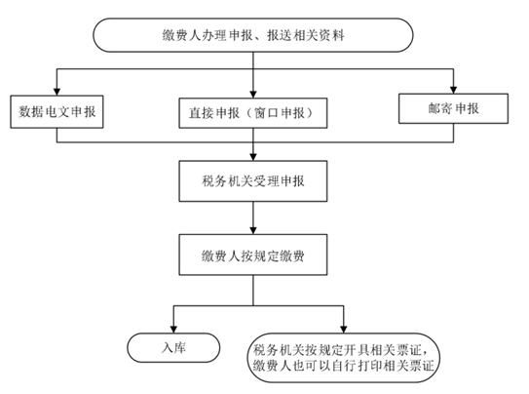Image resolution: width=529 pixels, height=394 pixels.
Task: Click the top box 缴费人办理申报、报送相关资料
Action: click(253, 35)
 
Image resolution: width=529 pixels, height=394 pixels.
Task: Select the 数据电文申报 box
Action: click(57, 112)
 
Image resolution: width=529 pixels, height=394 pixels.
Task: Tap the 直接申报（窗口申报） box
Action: click(253, 113)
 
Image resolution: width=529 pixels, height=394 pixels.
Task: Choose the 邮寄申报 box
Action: click(453, 108)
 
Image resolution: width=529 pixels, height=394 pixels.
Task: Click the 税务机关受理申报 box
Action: click(253, 181)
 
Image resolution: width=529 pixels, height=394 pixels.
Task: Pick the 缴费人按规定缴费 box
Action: click(253, 255)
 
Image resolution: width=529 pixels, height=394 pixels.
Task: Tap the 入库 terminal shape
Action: click(173, 348)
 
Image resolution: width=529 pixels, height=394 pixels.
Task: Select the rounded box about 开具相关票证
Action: click(344, 358)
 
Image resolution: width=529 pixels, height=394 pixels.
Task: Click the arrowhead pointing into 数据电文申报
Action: click(57, 92)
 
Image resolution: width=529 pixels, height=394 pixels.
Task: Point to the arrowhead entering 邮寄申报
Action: click(453, 90)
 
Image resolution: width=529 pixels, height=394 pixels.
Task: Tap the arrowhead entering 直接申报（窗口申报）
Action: click(253, 95)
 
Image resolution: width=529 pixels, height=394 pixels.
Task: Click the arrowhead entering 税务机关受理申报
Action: click(253, 157)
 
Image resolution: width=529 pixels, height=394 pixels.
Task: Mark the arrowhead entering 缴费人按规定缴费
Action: click(253, 230)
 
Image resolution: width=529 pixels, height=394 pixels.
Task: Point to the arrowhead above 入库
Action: click(173, 330)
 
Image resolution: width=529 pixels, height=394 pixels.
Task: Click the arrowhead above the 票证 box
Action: click(344, 330)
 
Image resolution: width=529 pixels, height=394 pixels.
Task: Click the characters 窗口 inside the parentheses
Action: click(267, 113)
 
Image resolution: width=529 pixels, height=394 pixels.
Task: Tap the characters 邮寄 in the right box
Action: click(440, 108)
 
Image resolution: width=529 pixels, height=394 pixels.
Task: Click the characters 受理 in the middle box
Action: click(266, 181)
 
